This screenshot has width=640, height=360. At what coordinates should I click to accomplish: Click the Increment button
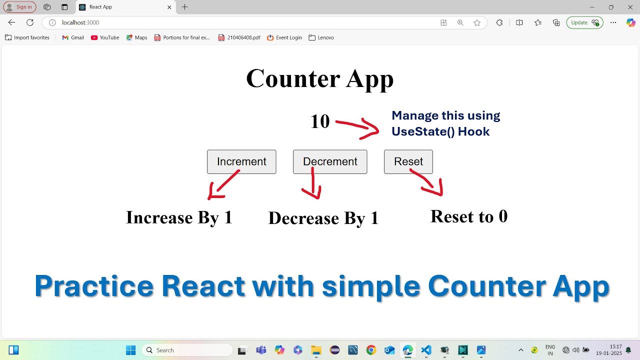click(x=241, y=162)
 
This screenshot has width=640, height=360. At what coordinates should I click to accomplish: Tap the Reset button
click(x=408, y=162)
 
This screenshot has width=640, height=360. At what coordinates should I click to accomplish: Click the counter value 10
click(x=320, y=121)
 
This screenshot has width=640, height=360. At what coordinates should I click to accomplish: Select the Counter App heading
click(x=320, y=78)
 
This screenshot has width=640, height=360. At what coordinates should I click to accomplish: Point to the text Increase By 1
click(x=179, y=217)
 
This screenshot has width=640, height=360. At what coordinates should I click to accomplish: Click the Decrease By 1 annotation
click(x=323, y=218)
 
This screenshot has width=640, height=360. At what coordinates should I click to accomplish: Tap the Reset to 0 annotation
click(x=468, y=216)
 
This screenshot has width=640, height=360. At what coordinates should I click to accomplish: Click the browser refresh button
click(x=30, y=22)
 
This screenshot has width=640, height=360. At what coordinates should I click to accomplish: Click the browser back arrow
click(x=11, y=22)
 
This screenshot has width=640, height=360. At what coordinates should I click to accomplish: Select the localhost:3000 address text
click(x=80, y=22)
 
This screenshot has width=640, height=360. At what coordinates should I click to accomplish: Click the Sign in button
click(x=20, y=7)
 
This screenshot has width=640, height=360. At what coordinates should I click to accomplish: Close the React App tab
click(x=169, y=7)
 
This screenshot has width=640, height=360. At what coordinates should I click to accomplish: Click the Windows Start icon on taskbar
click(x=130, y=350)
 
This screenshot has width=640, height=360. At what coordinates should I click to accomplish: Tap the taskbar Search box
click(x=187, y=350)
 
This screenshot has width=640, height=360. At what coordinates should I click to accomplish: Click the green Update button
click(x=584, y=22)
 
